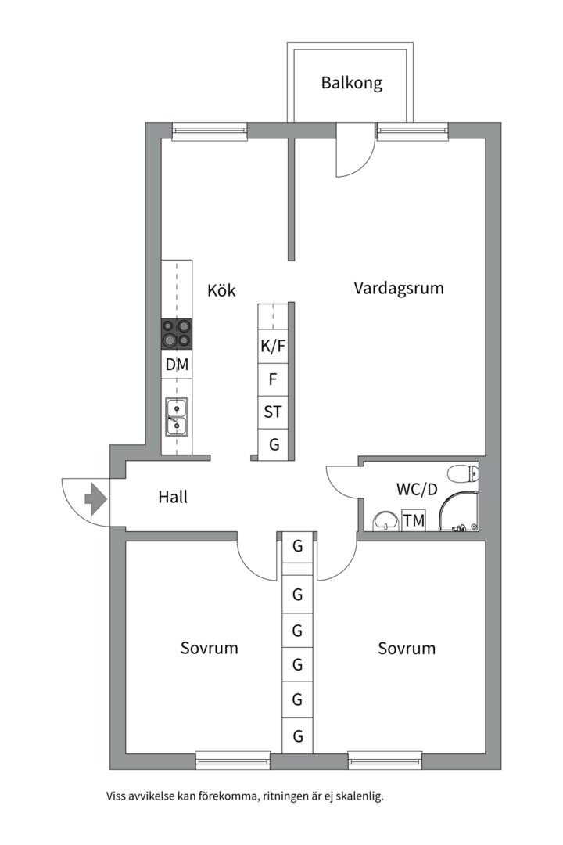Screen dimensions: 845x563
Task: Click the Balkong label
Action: [x=351, y=83]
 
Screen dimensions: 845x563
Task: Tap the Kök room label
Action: [x=221, y=289]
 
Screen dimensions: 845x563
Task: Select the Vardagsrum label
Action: [x=398, y=288]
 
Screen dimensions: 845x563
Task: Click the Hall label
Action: [x=173, y=497]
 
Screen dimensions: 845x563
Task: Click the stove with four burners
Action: [x=177, y=334]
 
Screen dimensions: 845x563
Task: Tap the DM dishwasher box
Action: [x=177, y=365]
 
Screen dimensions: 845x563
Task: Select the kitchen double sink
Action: [x=176, y=416]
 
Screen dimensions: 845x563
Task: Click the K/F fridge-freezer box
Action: [x=273, y=347]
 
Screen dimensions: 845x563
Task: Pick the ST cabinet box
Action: [x=273, y=412]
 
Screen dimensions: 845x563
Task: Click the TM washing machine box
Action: [x=413, y=520]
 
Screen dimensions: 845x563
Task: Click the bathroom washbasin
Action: [x=384, y=520]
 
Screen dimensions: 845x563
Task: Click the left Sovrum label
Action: [x=209, y=649]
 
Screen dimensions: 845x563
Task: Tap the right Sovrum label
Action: [x=407, y=649]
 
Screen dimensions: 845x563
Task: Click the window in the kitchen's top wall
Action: [x=210, y=131]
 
